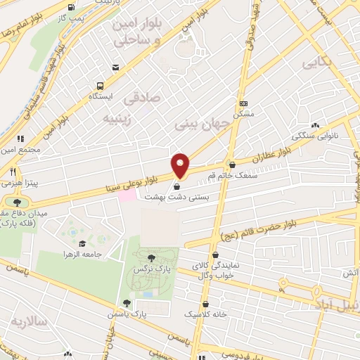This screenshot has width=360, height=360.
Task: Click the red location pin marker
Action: click(x=181, y=165)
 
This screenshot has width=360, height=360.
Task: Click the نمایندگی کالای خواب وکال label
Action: click(x=211, y=271)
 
